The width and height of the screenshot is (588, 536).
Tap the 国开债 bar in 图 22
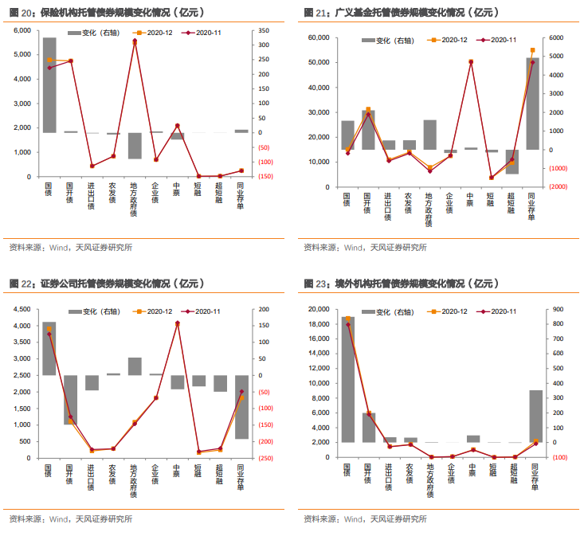point(70,399)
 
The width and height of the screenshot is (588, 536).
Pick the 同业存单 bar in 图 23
point(536,415)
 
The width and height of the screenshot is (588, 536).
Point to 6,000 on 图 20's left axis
point(20,30)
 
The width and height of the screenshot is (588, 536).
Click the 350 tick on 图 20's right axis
point(264,30)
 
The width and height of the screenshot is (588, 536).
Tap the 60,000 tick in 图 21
point(317,38)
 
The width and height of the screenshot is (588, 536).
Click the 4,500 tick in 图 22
point(20,309)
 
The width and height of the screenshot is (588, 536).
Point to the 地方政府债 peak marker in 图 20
point(134,41)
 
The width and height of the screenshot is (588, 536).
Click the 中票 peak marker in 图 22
point(177,323)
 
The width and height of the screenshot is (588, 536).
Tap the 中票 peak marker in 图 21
point(471,61)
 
